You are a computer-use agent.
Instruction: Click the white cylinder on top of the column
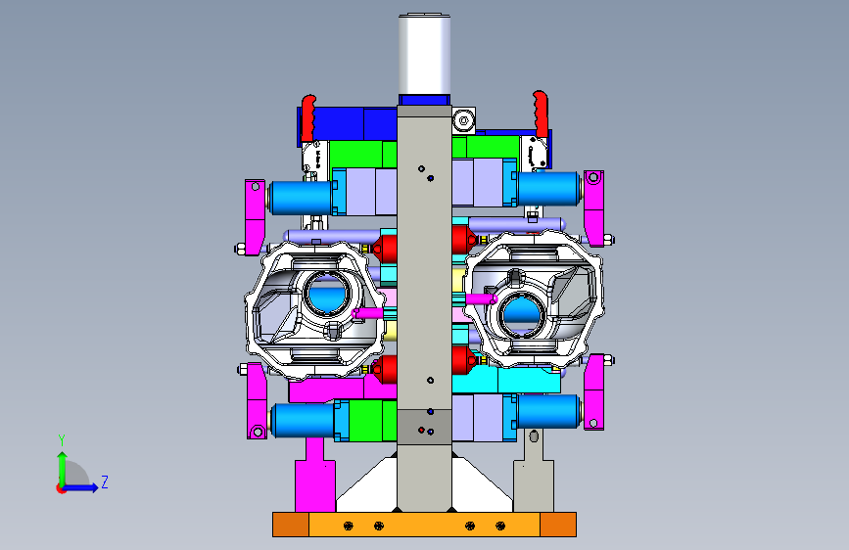coord(425,54)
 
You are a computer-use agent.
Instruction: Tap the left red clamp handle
coord(308,117)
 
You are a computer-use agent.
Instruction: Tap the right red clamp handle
coord(541,114)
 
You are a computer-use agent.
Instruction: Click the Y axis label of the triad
coord(62,440)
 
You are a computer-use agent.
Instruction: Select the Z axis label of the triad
coord(105,481)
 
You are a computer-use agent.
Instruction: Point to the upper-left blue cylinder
coord(301,198)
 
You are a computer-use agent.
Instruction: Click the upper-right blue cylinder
coord(548,188)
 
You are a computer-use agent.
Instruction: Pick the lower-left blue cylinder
coord(303,420)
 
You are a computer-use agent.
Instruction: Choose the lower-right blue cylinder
coord(548,411)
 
